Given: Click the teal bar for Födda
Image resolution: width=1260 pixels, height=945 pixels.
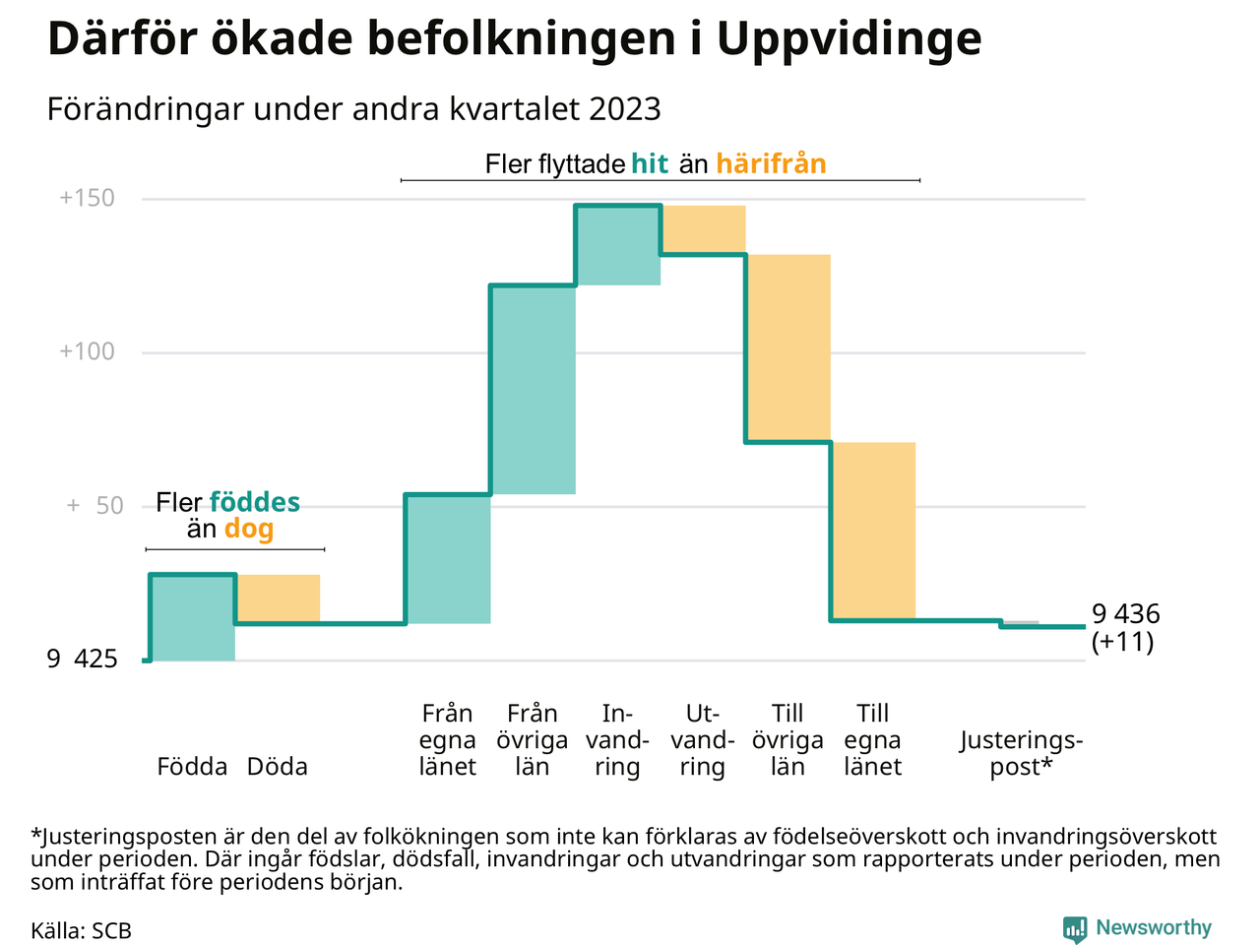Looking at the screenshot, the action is [x=192, y=617].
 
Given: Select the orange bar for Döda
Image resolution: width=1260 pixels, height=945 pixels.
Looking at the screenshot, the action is [x=278, y=598].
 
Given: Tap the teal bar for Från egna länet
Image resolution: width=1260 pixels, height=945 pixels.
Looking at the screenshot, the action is [x=448, y=559].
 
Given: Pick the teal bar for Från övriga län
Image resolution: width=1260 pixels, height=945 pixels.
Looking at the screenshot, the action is [x=533, y=390].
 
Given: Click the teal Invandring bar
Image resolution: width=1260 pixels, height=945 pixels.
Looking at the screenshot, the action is [x=618, y=245].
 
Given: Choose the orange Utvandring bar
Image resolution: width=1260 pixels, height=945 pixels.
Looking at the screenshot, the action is [x=703, y=229].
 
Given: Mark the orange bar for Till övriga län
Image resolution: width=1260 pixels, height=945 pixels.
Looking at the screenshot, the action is [x=788, y=348].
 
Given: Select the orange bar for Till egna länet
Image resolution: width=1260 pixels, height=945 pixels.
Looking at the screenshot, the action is [x=873, y=532].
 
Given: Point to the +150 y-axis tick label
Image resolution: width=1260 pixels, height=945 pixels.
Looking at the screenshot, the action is [x=88, y=198].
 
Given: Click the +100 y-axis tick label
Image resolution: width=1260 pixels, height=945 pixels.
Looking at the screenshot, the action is [x=88, y=351].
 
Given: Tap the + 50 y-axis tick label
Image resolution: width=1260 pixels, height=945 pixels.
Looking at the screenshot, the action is [x=95, y=506].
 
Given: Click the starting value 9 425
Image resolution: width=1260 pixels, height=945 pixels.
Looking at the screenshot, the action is [x=82, y=659].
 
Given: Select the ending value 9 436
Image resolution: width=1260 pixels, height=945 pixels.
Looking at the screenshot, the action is [x=1126, y=614].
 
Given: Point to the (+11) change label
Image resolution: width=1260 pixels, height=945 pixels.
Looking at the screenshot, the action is [x=1122, y=642].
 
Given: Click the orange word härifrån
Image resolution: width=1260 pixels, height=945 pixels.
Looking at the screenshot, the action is [x=771, y=163].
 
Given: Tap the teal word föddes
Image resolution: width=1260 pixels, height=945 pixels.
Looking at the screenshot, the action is [x=255, y=502].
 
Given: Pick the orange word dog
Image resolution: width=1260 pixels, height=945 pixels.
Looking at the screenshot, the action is [x=249, y=529].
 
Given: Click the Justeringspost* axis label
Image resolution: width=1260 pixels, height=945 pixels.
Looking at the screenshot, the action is [x=1021, y=753].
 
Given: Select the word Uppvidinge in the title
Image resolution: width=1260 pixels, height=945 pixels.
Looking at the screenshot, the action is [x=850, y=39].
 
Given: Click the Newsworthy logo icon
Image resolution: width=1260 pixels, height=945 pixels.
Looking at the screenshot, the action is [x=1075, y=928].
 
